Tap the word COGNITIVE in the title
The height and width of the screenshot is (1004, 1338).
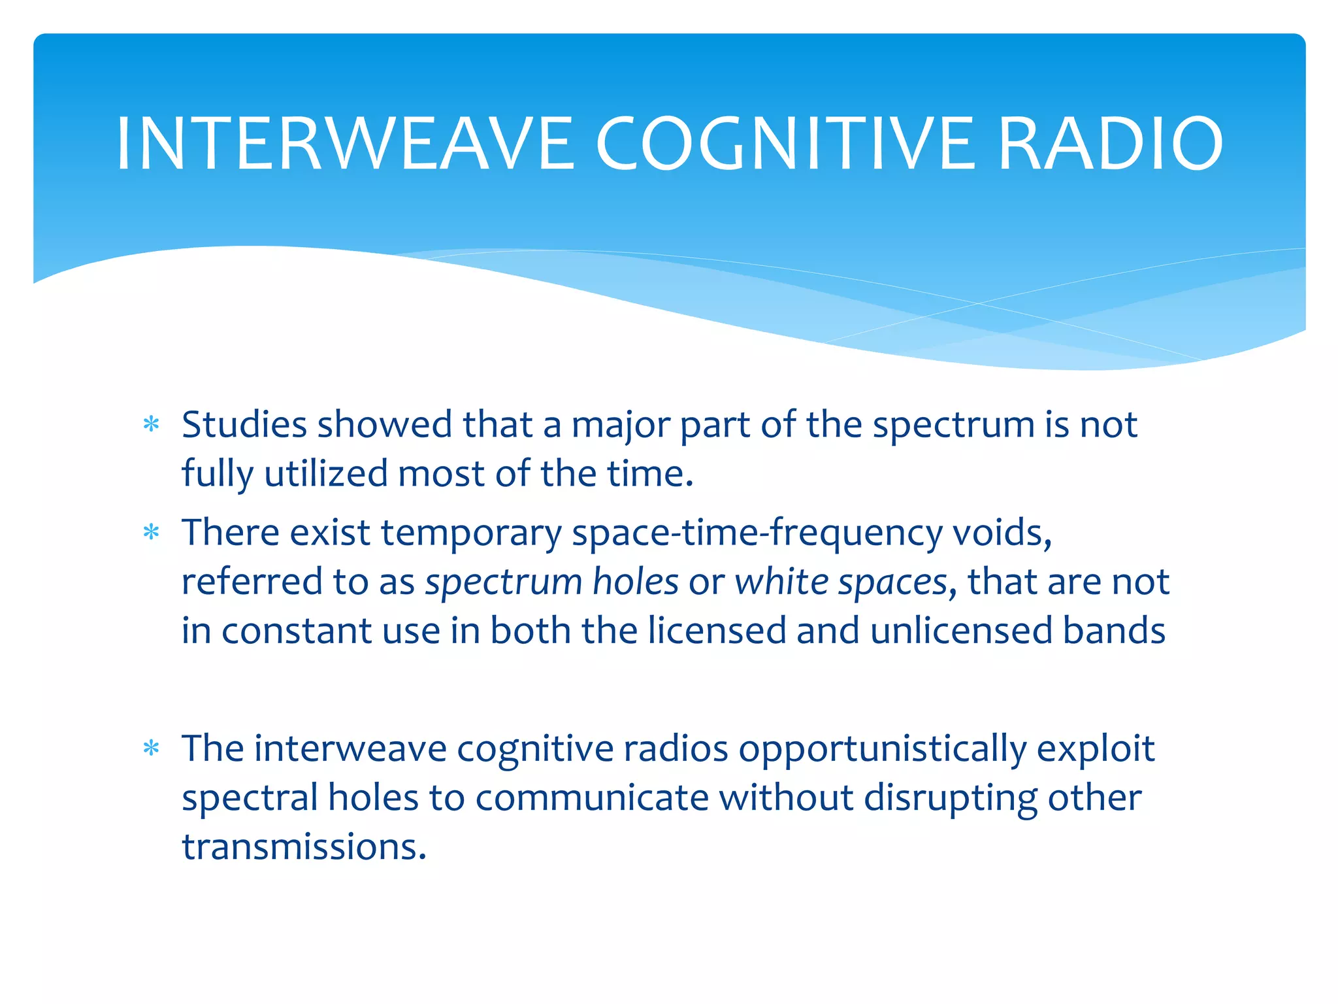click(x=785, y=144)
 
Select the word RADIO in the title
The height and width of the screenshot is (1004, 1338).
click(x=1110, y=144)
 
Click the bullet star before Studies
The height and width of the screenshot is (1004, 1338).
click(x=152, y=426)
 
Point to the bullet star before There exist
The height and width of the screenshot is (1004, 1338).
click(x=152, y=533)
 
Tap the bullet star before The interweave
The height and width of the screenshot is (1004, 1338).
click(x=152, y=749)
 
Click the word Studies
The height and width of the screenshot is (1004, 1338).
click(x=244, y=425)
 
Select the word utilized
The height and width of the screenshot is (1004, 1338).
click(x=326, y=474)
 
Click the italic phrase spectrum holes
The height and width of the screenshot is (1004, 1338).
click(x=552, y=582)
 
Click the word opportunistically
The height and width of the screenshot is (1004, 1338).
click(x=882, y=749)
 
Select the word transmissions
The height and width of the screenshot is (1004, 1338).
click(x=304, y=847)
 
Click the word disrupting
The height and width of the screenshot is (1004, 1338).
click(x=951, y=798)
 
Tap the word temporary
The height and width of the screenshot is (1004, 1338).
click(x=471, y=533)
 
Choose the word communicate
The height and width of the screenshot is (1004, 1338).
click(x=592, y=798)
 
